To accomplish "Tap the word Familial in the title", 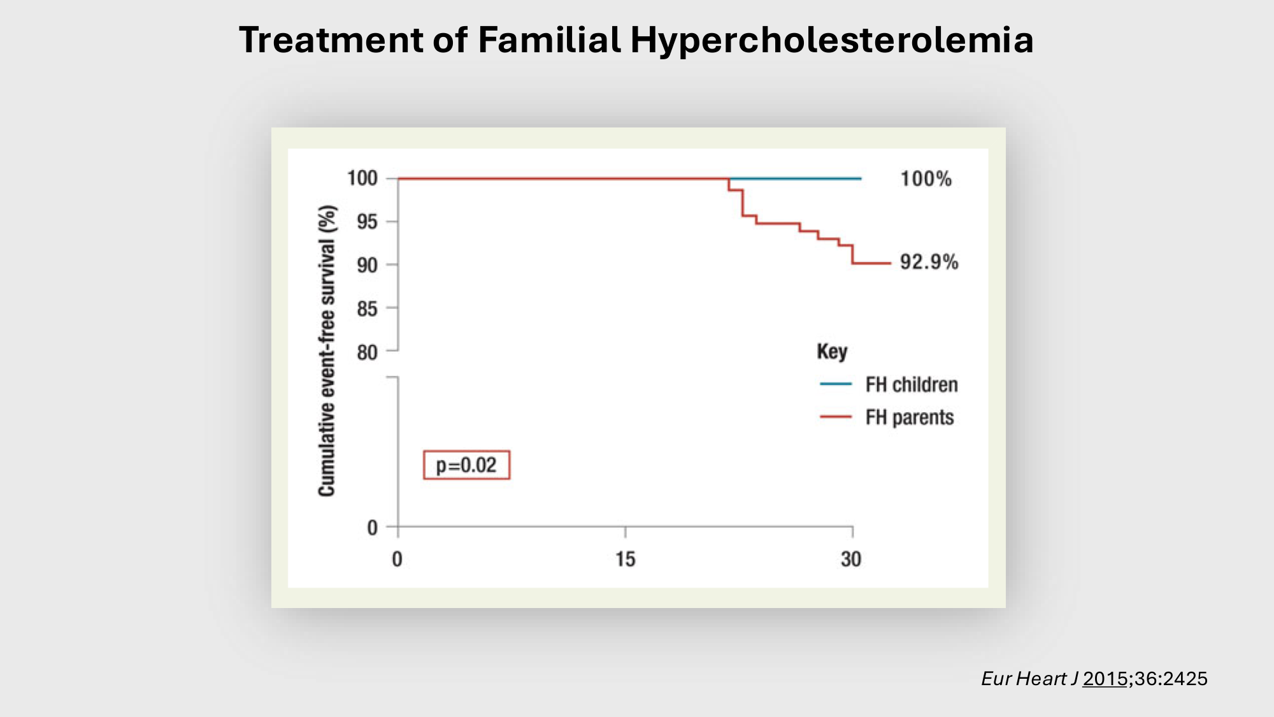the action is click(549, 40).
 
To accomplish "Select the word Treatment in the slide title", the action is click(331, 40).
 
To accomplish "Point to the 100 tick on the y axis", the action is click(362, 178).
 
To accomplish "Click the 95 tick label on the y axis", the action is click(367, 222).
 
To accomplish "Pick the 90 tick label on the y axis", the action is click(367, 265).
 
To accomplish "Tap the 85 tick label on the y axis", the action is click(367, 309).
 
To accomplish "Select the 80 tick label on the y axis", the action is click(367, 352).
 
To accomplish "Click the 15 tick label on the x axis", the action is click(625, 559).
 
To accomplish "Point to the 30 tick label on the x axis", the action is click(851, 559).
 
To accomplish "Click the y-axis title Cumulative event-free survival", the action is click(327, 351).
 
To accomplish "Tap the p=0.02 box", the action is click(466, 465).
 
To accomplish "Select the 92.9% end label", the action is click(929, 262).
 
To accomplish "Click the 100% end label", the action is click(926, 178).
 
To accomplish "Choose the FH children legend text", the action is click(912, 384).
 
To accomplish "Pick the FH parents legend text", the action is click(910, 417).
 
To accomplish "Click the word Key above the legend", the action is click(832, 352).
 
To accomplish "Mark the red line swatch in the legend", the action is click(836, 417).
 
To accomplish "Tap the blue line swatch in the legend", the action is click(836, 384).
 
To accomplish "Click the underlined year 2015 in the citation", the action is click(1105, 679).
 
